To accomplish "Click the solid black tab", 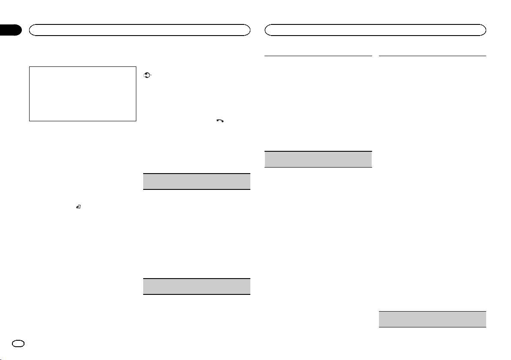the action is (10, 30).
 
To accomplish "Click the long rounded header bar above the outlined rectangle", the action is (139, 30).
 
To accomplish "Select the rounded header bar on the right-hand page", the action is (376, 30).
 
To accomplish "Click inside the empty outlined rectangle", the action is (82, 93).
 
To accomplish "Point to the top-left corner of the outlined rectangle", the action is (29, 66).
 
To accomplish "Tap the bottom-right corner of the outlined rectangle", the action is (136, 121).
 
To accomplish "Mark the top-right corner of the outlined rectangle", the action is (136, 66).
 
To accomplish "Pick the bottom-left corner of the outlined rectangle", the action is (29, 121).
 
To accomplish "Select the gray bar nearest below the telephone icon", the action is (196, 181).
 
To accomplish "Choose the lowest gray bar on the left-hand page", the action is (196, 286).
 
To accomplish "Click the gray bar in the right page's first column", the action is (318, 159).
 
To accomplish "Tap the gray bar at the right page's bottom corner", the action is (433, 320).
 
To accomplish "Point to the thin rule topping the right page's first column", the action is (318, 55).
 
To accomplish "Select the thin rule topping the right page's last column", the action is (433, 55).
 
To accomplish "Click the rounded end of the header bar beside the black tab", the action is (32, 30).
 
